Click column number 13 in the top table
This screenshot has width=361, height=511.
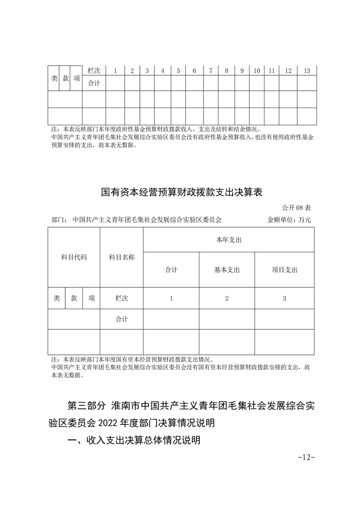pyautogui.click(x=307, y=71)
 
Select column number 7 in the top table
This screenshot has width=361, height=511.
pyautogui.click(x=211, y=71)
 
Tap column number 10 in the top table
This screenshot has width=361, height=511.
pyautogui.click(x=257, y=71)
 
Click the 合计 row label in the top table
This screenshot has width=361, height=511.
pyautogui.click(x=94, y=83)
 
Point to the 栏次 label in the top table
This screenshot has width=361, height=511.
pyautogui.click(x=94, y=71)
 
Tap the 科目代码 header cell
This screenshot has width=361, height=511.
pyautogui.click(x=74, y=257)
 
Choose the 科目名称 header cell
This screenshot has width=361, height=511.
pyautogui.click(x=122, y=257)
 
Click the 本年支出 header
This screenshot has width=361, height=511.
pyautogui.click(x=229, y=240)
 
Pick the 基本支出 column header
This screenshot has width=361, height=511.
pyautogui.click(x=227, y=270)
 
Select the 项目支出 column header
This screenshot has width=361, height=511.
pyautogui.click(x=285, y=270)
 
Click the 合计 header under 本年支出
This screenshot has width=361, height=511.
pyautogui.click(x=171, y=270)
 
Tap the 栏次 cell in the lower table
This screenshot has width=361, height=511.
pyautogui.click(x=122, y=298)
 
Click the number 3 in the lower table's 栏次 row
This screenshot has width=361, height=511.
pyautogui.click(x=285, y=298)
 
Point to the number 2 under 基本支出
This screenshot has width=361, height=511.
pyautogui.click(x=227, y=298)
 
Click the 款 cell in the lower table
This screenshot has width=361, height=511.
pyautogui.click(x=74, y=298)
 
